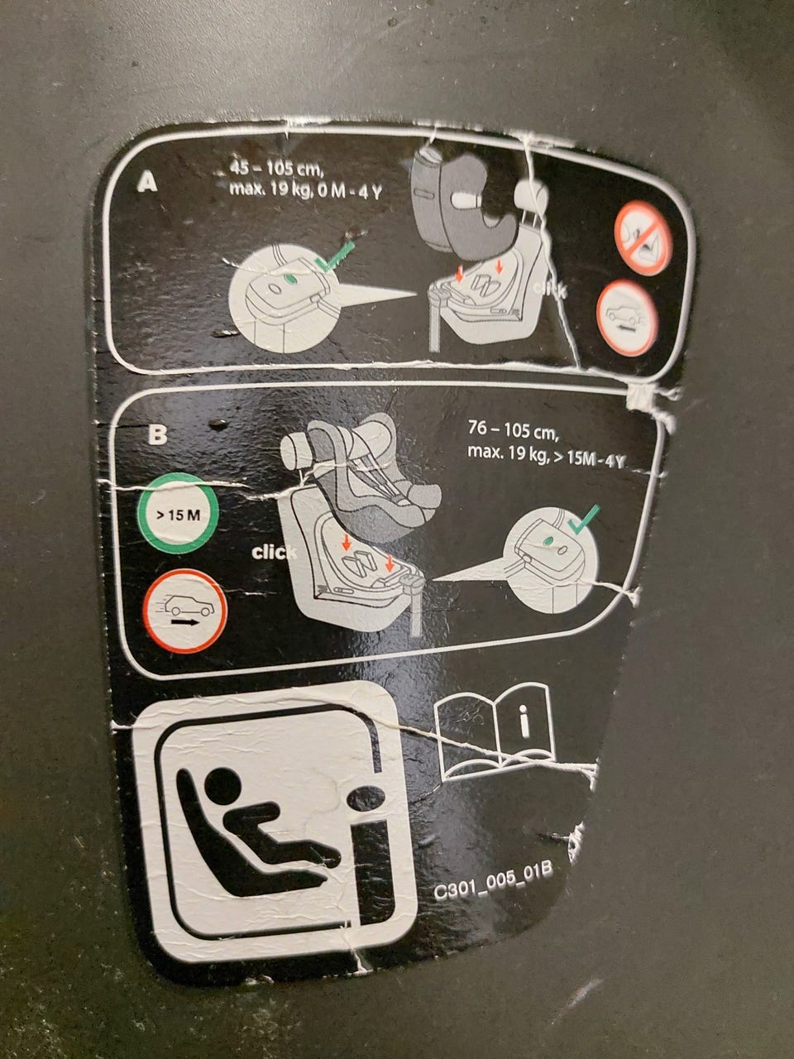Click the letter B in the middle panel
point(157,434)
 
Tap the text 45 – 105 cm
point(275,169)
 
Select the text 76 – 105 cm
point(513,430)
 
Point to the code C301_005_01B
point(493,880)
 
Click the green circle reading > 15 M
point(178,513)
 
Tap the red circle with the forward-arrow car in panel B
point(185,611)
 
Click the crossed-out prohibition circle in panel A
point(643,237)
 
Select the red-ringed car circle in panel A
point(628,318)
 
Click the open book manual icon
point(495,731)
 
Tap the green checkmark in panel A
point(335,256)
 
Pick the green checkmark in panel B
point(583,519)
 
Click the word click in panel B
point(273,553)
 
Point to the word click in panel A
point(549,289)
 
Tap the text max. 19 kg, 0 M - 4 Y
point(305,190)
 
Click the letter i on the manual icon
point(524,721)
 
